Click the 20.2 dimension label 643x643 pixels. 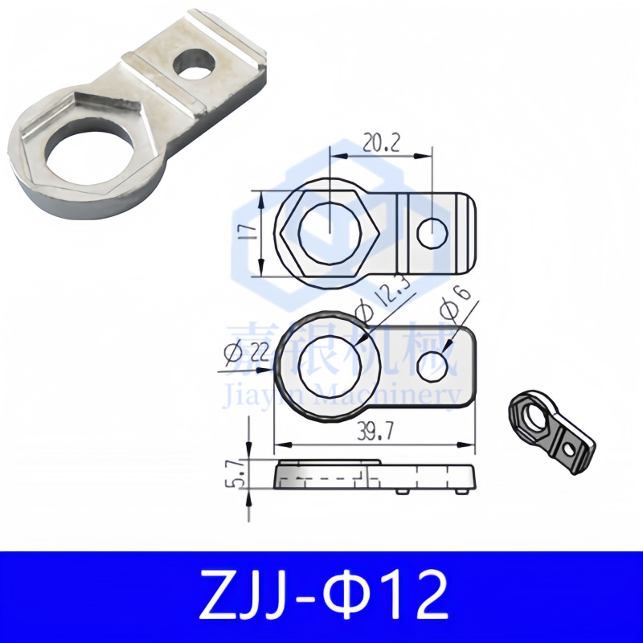381,143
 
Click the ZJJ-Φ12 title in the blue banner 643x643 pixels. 321,596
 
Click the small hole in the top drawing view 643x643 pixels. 432,234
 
